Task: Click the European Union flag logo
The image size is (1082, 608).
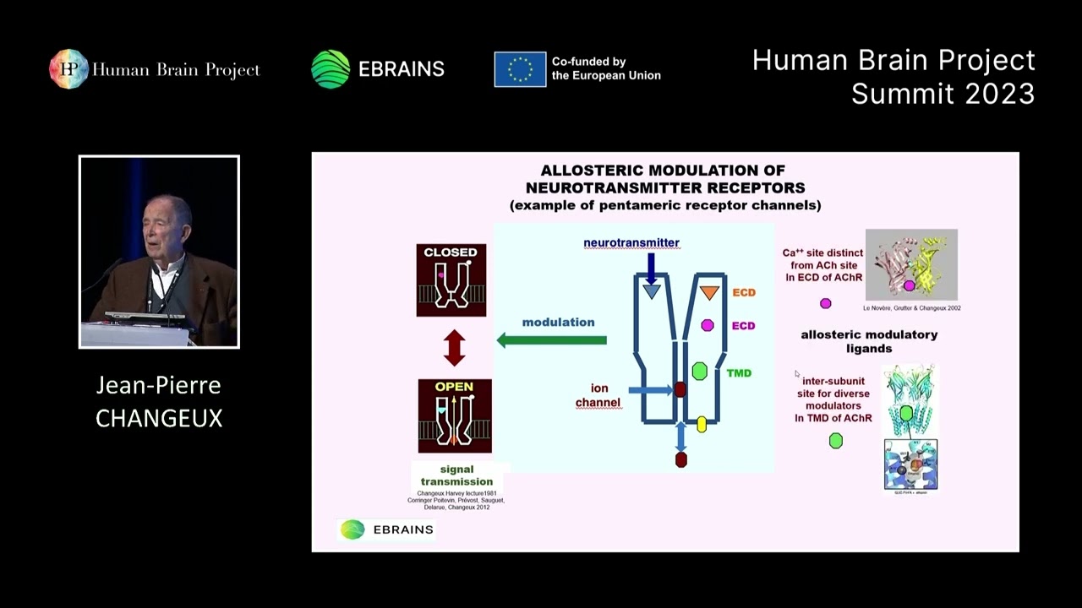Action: tap(520, 69)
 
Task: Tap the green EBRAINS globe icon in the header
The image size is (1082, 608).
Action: tap(331, 69)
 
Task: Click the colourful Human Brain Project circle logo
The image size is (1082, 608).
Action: tap(68, 69)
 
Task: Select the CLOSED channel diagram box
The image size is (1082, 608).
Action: tap(451, 280)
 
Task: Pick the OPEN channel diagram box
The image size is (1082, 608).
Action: tap(455, 415)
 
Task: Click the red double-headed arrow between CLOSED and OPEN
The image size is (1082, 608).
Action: tap(455, 348)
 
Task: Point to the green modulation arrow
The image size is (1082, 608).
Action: tap(551, 340)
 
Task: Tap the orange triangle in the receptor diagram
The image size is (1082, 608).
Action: tap(709, 293)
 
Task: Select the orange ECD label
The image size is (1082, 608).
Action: tap(744, 293)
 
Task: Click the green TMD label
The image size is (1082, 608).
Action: tap(739, 373)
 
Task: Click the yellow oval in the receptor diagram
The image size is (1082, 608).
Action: tap(702, 425)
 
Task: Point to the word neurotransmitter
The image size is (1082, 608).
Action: tap(631, 243)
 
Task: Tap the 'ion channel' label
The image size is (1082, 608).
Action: tap(598, 395)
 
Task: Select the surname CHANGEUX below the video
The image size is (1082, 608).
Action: tap(159, 418)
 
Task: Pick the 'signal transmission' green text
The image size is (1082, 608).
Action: tap(456, 475)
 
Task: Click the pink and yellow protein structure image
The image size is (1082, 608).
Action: tap(911, 264)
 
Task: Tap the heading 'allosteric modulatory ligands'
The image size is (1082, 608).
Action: tap(869, 341)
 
